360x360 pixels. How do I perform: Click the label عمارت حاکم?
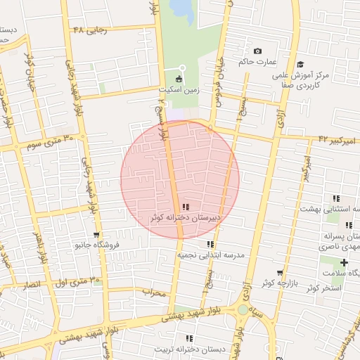click(x=255, y=62)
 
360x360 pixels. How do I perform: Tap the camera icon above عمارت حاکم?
click(x=257, y=51)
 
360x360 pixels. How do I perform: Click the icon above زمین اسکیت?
click(x=179, y=79)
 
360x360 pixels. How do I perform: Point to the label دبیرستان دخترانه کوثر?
click(x=185, y=217)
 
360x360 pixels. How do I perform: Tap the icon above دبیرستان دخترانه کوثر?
click(x=185, y=207)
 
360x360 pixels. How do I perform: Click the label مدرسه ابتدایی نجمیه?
click(x=210, y=255)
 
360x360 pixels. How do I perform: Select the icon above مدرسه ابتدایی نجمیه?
click(x=210, y=244)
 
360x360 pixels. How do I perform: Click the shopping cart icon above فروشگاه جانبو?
click(x=96, y=235)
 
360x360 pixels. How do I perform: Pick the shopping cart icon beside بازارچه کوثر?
click(x=281, y=273)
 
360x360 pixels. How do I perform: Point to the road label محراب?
click(x=153, y=292)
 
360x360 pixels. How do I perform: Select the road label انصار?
click(x=32, y=285)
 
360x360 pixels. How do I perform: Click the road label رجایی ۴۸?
click(x=90, y=30)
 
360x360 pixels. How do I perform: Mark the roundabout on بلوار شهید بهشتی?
click(x=243, y=309)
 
